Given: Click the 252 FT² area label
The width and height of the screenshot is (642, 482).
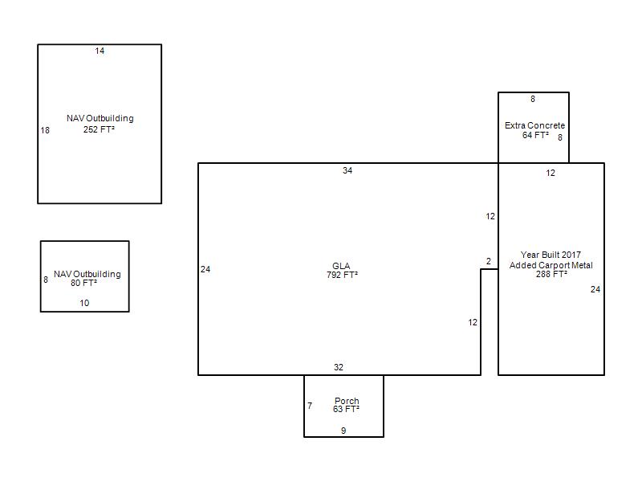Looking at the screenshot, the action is pos(99,129).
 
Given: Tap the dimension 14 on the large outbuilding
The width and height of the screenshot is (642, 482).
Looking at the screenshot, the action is pos(100,51).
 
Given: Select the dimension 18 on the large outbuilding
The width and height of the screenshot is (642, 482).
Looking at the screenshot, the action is pos(45,130).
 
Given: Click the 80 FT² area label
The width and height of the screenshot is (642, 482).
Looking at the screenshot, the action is pos(84,283).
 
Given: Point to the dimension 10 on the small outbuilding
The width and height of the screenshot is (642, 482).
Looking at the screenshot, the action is pos(84,303).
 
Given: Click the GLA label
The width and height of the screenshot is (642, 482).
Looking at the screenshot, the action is pos(341,266).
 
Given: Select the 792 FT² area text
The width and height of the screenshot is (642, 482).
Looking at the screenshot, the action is pos(343,275).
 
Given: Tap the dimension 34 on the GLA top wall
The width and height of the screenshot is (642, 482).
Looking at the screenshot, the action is pos(347,170).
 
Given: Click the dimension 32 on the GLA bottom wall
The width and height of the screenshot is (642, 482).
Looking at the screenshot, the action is pos(338,367).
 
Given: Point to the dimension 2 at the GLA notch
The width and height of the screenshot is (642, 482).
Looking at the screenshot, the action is pos(489,261).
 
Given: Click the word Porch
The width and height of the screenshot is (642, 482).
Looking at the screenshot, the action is pos(347,401).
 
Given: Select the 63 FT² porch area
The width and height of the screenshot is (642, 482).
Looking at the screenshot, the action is pos(347,409).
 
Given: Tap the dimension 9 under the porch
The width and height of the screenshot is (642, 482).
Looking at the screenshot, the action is pos(343,431).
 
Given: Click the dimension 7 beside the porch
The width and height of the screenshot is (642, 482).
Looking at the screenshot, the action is pos(310,406).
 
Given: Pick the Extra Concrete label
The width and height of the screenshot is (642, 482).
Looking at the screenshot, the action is pos(534,125).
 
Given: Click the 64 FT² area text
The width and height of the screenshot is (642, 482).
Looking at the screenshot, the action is pos(535,135).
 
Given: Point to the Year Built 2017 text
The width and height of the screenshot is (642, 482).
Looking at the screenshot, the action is pos(551,255).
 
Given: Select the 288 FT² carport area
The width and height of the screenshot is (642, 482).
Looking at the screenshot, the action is pos(551,274).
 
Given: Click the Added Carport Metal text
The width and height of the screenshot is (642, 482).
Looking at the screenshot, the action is pos(551,265).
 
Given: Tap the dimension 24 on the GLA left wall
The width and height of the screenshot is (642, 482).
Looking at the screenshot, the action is pos(205,269).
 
